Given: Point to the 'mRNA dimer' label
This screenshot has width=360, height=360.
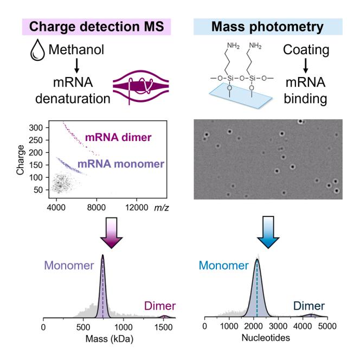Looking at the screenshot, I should click(x=114, y=138).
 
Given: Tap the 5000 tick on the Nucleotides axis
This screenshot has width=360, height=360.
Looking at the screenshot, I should click(x=326, y=327).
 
